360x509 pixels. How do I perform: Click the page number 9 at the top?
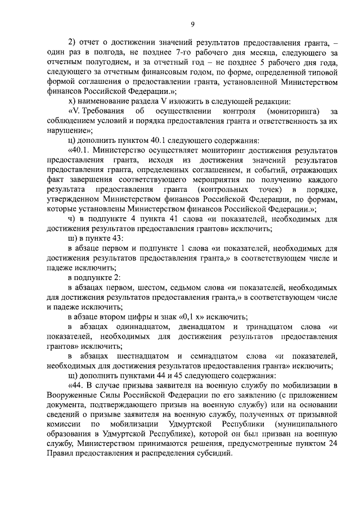point(192,24)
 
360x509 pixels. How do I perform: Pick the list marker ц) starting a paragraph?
point(71,140)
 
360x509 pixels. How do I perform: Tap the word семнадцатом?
point(227,356)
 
